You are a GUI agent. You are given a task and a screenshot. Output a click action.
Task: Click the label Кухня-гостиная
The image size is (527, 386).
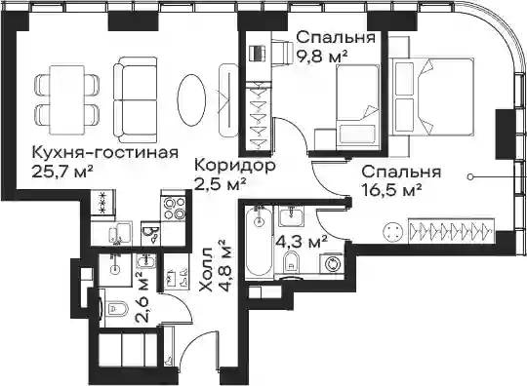(x=104, y=153)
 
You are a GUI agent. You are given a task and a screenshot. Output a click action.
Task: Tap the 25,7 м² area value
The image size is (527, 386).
(x=62, y=172)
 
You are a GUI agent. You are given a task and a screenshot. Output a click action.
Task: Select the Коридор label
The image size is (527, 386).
(x=235, y=166)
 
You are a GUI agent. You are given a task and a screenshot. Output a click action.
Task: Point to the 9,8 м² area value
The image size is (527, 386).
(x=322, y=56)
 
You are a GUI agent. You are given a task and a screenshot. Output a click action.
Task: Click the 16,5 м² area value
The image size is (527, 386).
(x=391, y=190)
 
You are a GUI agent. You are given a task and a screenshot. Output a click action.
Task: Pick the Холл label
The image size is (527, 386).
(x=206, y=270)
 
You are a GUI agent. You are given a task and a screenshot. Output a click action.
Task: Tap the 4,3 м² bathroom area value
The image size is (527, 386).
(x=302, y=241)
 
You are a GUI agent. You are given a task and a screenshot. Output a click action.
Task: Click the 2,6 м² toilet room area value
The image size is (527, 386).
(x=142, y=297)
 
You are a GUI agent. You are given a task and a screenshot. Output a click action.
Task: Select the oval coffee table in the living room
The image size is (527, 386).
(x=191, y=99)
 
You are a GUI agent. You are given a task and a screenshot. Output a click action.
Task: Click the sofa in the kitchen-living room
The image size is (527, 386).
(x=136, y=99)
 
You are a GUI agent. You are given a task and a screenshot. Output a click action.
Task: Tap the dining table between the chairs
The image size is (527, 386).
(x=67, y=99)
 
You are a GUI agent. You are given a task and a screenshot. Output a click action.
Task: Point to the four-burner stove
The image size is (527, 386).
(x=173, y=209)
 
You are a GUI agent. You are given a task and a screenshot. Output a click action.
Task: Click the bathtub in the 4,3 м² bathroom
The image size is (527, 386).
(x=258, y=243)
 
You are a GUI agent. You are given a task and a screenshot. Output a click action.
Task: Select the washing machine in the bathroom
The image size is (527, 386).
(x=333, y=264)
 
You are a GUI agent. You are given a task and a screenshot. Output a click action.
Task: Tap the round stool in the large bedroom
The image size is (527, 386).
(x=392, y=232)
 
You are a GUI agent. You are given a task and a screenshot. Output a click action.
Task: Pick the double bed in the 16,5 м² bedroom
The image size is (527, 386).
(x=432, y=96)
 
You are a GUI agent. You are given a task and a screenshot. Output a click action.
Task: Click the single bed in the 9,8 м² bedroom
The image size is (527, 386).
(x=358, y=107)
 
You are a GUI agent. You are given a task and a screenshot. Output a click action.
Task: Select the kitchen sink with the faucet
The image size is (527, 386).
(x=119, y=233)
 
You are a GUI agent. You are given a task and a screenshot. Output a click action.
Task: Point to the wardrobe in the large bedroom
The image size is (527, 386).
(x=452, y=231)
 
